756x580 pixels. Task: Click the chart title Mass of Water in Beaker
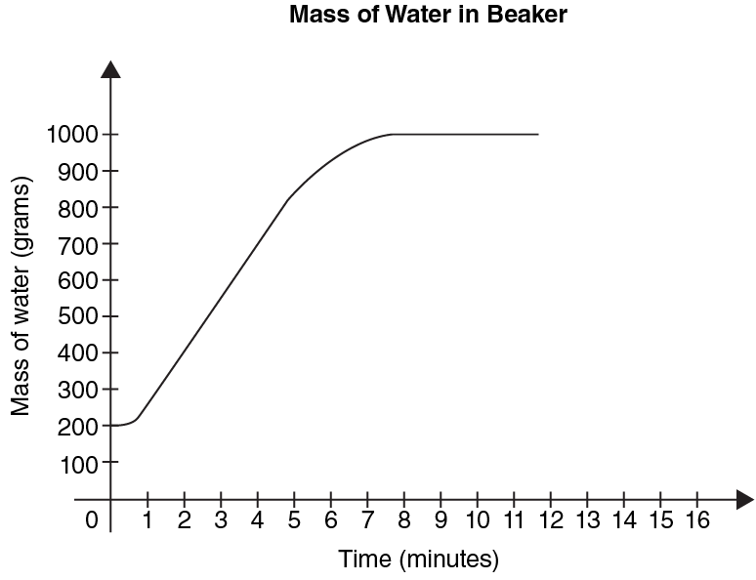(x=428, y=15)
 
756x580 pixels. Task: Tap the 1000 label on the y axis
(x=72, y=134)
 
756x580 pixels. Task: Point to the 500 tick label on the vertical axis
(x=78, y=316)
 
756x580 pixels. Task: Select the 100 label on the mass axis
(x=79, y=464)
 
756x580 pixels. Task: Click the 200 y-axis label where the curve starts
(x=78, y=427)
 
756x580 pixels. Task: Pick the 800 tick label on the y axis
(x=78, y=209)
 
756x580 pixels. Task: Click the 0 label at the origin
(x=92, y=520)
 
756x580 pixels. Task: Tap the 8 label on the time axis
(x=404, y=520)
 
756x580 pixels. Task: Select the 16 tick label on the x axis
(x=697, y=520)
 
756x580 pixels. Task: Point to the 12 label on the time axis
(x=551, y=520)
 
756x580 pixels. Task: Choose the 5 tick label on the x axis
(x=294, y=520)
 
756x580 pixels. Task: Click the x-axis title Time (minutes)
(x=418, y=559)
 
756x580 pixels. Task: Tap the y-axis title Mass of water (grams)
(x=21, y=296)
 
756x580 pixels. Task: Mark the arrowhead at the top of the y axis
(x=111, y=69)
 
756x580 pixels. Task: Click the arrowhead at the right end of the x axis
(x=745, y=500)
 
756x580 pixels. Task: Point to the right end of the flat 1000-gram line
(x=538, y=134)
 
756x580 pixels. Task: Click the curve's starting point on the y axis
(x=111, y=426)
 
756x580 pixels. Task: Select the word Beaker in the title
(x=527, y=15)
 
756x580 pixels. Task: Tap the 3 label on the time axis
(x=221, y=520)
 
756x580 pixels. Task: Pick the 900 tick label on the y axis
(x=78, y=172)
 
